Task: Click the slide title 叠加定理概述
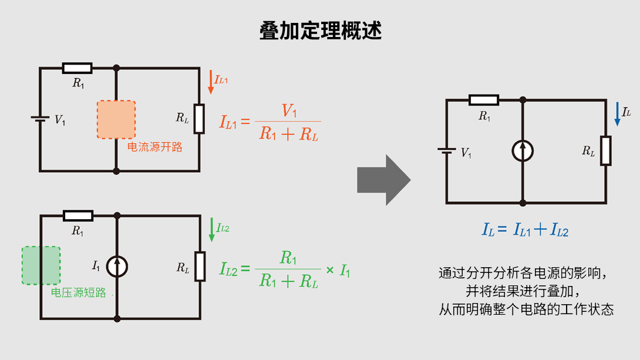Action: click(320, 31)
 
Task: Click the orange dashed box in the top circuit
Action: click(116, 119)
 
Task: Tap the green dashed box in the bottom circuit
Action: click(41, 265)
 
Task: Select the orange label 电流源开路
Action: click(155, 147)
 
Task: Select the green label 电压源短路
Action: click(79, 292)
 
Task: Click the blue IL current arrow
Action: click(617, 114)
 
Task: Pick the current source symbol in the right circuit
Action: click(523, 151)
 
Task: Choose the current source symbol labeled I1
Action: click(117, 267)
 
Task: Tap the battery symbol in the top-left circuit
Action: click(40, 119)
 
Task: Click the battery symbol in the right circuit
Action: click(446, 152)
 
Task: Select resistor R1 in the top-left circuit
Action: click(77, 68)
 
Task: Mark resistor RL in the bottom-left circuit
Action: click(200, 267)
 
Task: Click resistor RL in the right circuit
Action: click(605, 151)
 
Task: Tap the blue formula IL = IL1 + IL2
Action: click(525, 230)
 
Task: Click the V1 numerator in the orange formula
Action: click(289, 110)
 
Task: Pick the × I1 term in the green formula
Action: click(338, 271)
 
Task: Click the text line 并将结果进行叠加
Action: click(526, 291)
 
